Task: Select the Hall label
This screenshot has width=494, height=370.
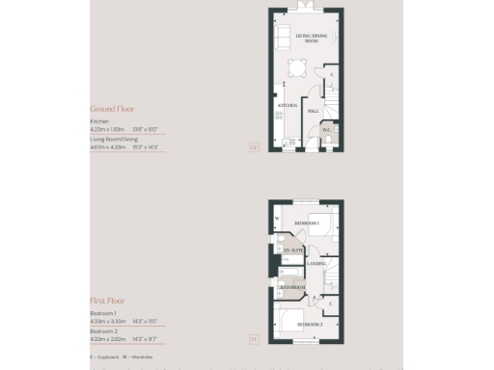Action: tap(314, 111)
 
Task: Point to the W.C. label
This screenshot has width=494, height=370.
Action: tap(327, 130)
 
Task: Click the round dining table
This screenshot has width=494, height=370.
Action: tap(296, 66)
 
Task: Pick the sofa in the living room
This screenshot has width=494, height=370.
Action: tap(280, 39)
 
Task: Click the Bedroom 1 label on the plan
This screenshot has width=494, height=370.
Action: tap(307, 223)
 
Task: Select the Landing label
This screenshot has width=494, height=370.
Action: tap(316, 263)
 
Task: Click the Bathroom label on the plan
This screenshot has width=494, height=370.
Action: tap(293, 287)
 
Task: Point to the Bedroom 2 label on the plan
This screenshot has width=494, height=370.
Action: tap(310, 324)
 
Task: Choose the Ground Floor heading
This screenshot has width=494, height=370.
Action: tap(112, 109)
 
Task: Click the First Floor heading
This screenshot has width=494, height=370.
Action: tap(107, 301)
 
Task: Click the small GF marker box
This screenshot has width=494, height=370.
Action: tap(253, 146)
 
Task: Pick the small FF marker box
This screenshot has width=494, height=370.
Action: tap(253, 338)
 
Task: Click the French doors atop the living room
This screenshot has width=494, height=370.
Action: tap(307, 8)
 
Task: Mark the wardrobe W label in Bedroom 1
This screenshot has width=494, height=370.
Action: tap(277, 218)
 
